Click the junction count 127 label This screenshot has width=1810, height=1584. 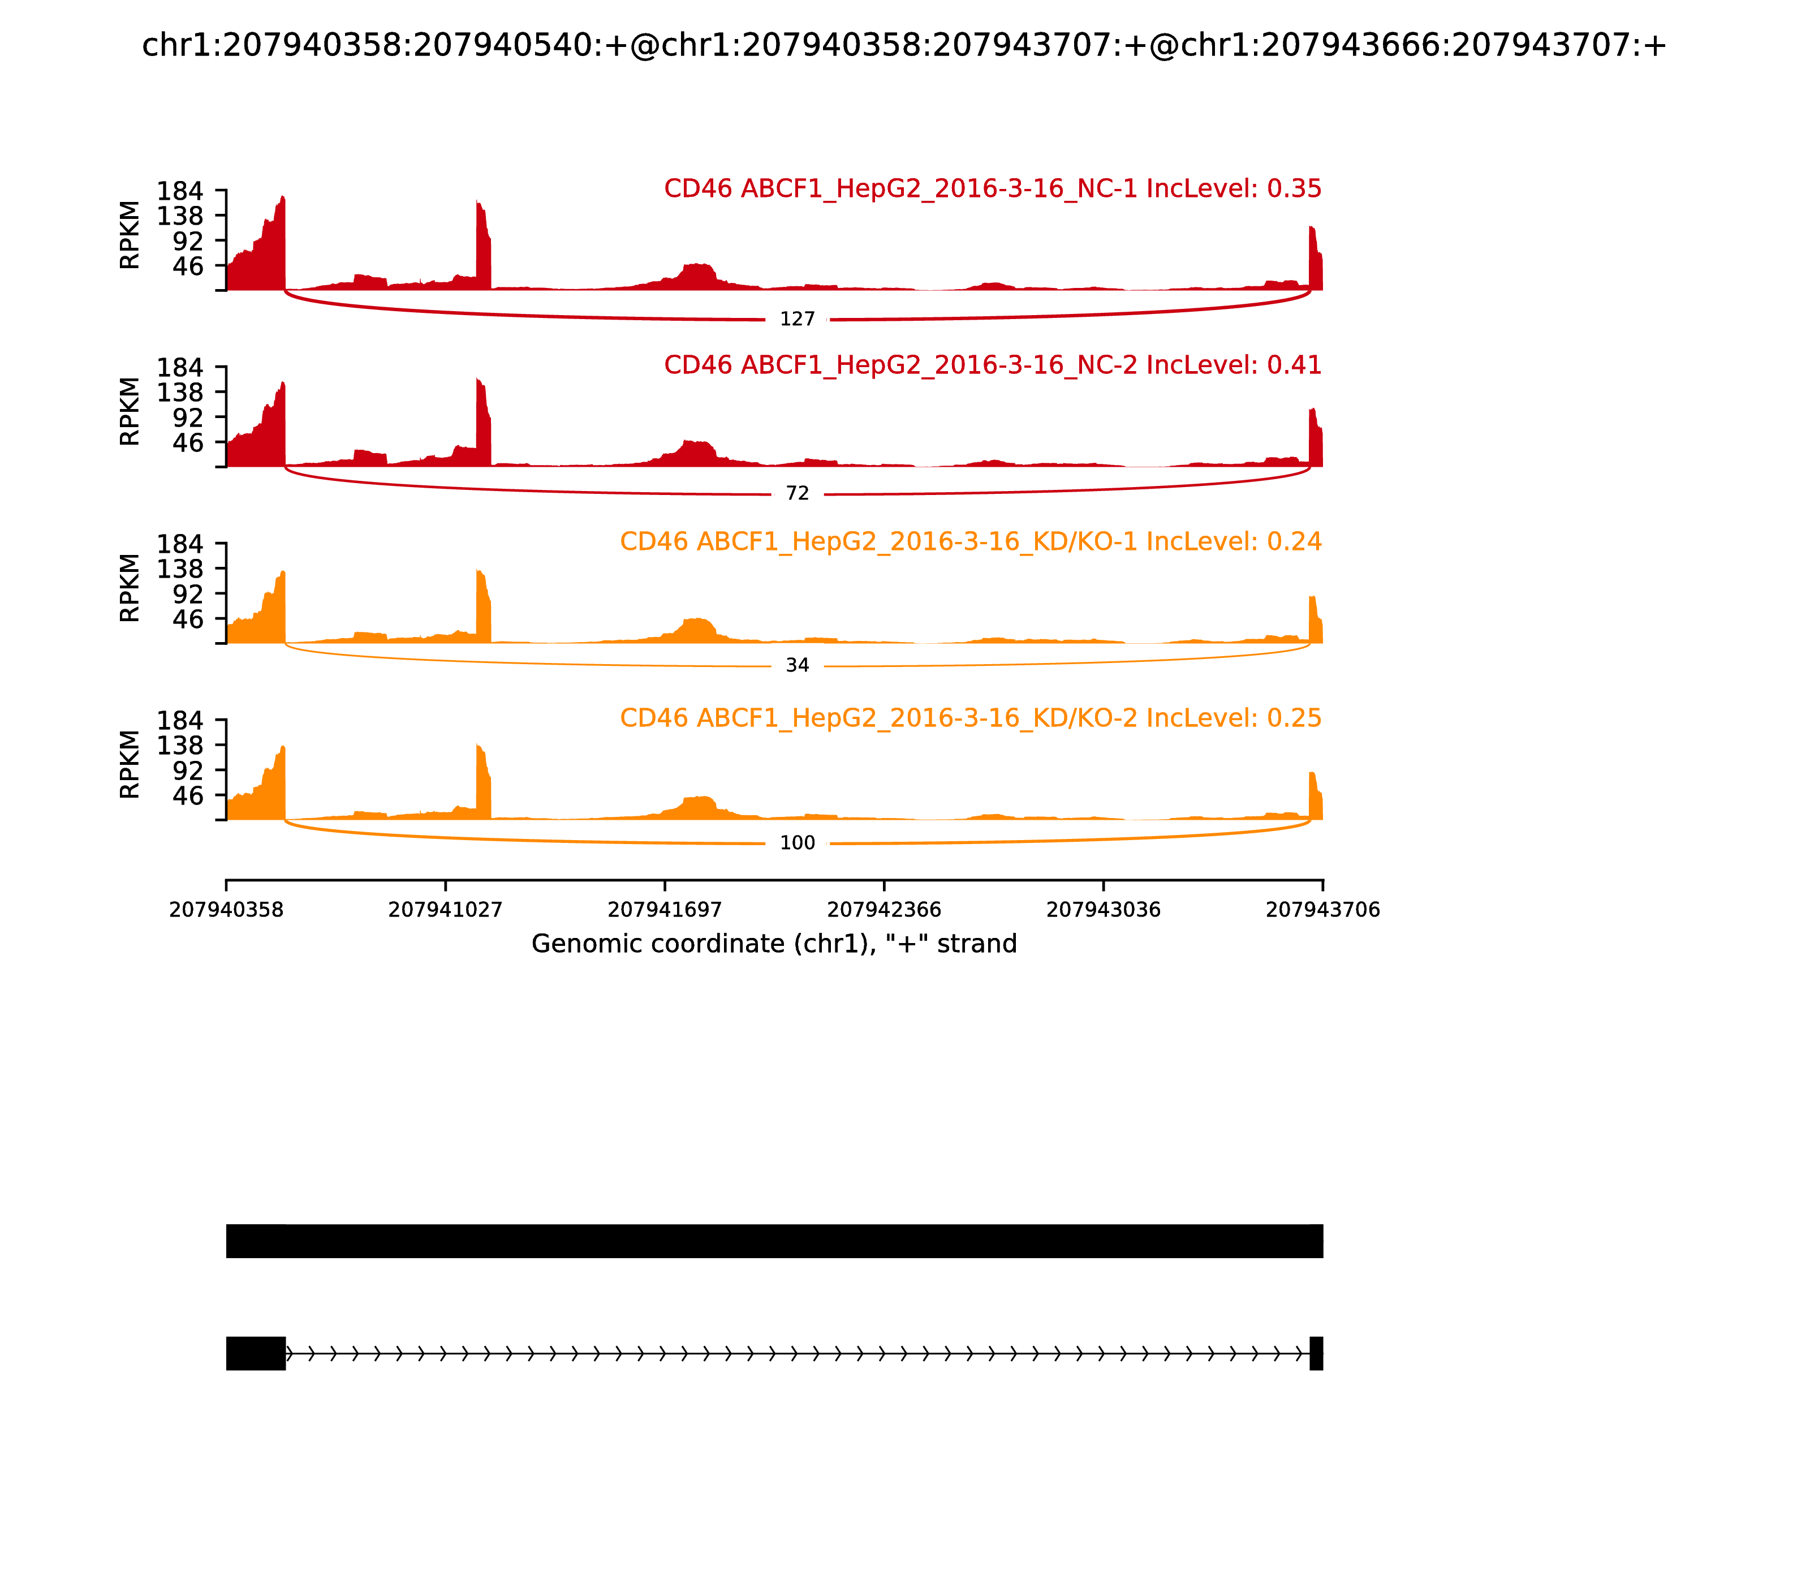[x=797, y=319]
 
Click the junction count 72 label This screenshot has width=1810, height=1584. [x=797, y=494]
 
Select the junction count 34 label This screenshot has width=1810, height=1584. [x=797, y=666]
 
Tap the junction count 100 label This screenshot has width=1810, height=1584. [x=797, y=843]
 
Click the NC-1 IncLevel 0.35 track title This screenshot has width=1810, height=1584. [x=993, y=189]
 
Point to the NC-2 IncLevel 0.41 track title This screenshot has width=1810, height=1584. [x=993, y=365]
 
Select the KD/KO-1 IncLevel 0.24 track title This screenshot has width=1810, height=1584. [x=971, y=542]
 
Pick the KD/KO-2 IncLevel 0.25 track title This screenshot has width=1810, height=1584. [x=971, y=718]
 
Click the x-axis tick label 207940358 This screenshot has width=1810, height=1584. [x=226, y=910]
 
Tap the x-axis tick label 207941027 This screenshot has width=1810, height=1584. [x=446, y=910]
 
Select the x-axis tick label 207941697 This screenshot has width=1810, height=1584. [x=665, y=910]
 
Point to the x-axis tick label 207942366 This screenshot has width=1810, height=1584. [x=884, y=910]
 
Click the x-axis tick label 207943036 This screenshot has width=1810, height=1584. [x=1103, y=910]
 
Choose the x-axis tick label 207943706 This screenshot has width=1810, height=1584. [x=1322, y=910]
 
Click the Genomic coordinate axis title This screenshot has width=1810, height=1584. [x=774, y=944]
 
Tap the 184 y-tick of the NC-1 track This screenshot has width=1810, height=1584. [x=180, y=192]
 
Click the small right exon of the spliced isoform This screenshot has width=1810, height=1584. [x=1316, y=1353]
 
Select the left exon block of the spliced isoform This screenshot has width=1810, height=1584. [x=256, y=1353]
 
